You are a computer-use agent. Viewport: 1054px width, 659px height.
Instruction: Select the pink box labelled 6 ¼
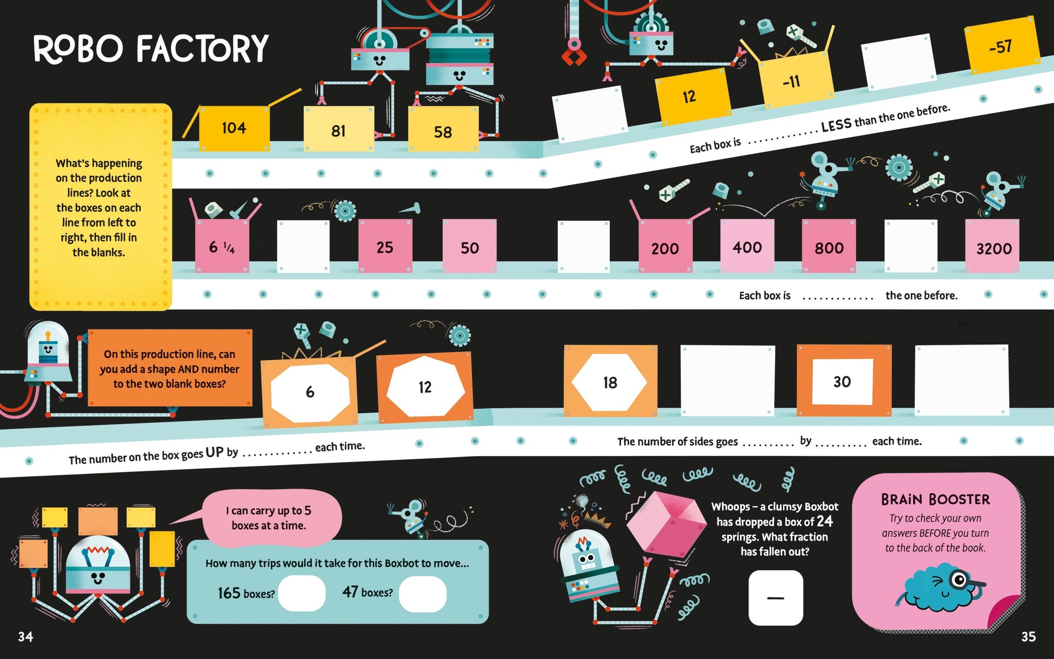[222, 247]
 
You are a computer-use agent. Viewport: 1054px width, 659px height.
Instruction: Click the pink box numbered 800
[829, 247]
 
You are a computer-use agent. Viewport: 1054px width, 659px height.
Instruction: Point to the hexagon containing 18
[609, 382]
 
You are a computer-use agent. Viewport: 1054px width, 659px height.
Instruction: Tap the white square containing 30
[842, 381]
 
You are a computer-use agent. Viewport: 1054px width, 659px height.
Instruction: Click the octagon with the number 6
[310, 392]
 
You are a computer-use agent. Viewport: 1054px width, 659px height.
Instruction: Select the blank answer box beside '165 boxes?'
[302, 593]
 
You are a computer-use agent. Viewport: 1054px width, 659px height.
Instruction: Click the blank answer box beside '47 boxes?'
[423, 593]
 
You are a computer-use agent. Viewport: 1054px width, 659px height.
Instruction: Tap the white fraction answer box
[775, 598]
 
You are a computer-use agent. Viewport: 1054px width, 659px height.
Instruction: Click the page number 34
[25, 637]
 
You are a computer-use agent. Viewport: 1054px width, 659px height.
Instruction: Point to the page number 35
[1028, 637]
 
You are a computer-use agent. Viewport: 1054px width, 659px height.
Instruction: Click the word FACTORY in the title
[202, 49]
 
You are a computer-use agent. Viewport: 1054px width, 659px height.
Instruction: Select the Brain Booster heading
[935, 499]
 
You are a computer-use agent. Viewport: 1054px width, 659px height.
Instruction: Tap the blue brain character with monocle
[942, 587]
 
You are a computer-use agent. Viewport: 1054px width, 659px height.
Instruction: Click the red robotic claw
[573, 52]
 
